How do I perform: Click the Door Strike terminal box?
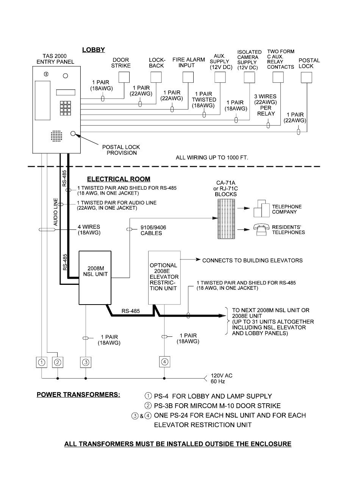pyautogui.click(x=124, y=77)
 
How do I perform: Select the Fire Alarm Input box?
pyautogui.click(x=188, y=77)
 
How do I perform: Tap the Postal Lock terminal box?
pyautogui.click(x=306, y=77)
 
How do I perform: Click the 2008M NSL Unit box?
pyautogui.click(x=95, y=277)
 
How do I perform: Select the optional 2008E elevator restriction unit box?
pyautogui.click(x=164, y=277)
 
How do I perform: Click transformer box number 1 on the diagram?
pyautogui.click(x=42, y=362)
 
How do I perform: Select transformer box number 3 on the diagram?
pyautogui.click(x=86, y=362)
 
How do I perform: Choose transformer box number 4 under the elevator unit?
pyautogui.click(x=164, y=362)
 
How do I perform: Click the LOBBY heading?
pyautogui.click(x=93, y=50)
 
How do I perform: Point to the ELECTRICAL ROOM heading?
pyautogui.click(x=119, y=179)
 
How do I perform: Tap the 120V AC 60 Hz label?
pyautogui.click(x=221, y=378)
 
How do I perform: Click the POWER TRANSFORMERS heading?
pyautogui.click(x=78, y=394)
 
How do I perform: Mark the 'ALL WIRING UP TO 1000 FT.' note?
pyautogui.click(x=212, y=157)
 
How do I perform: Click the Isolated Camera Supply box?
pyautogui.click(x=249, y=77)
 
